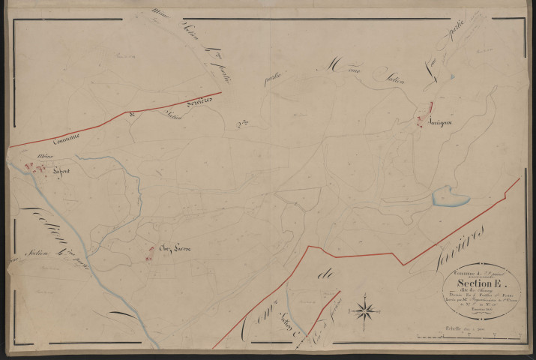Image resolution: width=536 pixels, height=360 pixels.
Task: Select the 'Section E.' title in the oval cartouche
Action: click(x=480, y=283)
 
